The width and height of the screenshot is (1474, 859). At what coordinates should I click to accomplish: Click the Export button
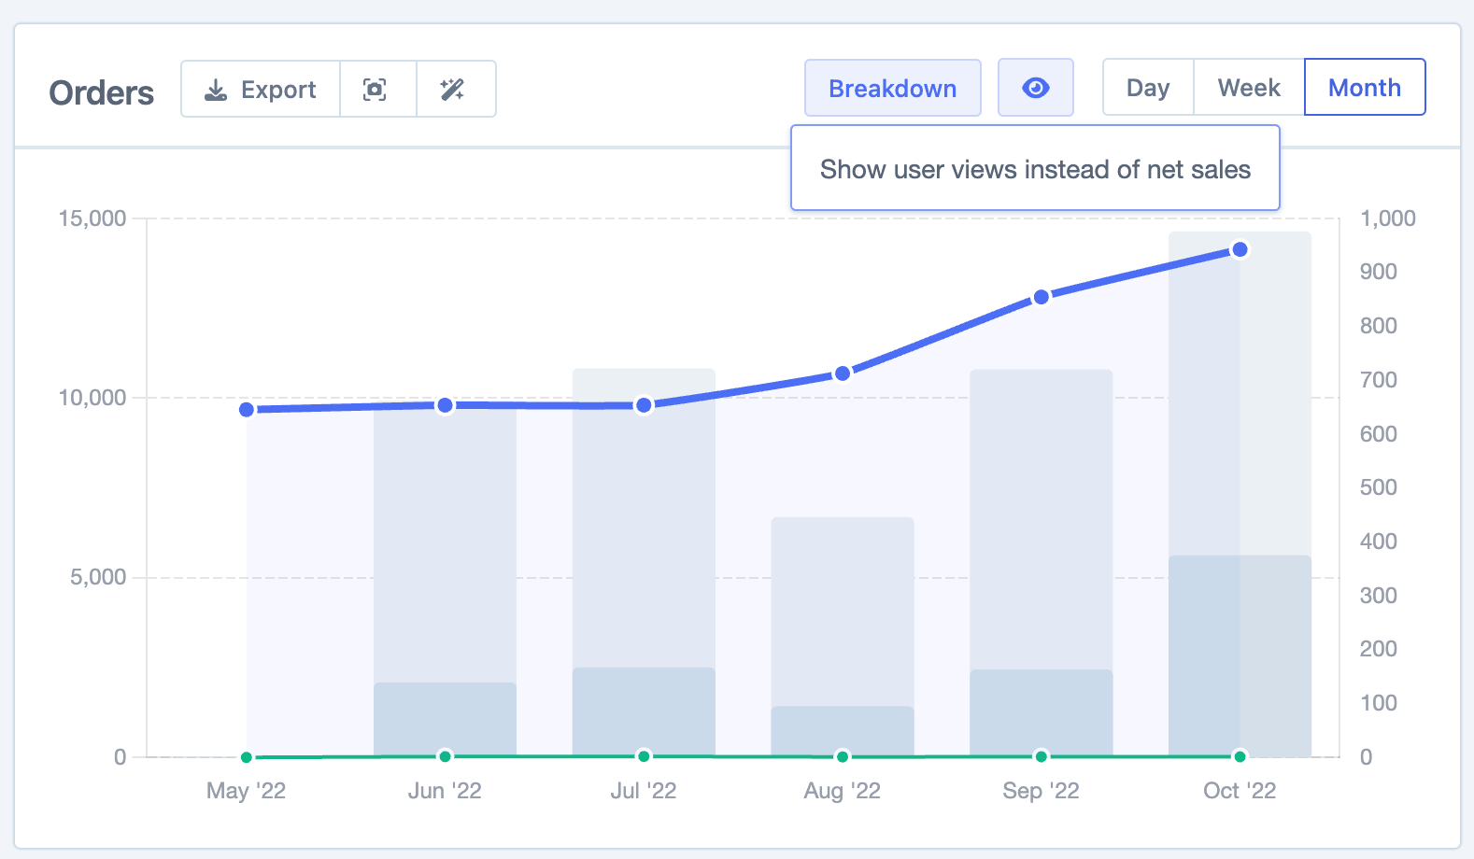pyautogui.click(x=261, y=90)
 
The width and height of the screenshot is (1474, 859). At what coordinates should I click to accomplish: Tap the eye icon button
pyautogui.click(x=1036, y=88)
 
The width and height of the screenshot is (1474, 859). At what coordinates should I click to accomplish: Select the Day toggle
pyautogui.click(x=1148, y=88)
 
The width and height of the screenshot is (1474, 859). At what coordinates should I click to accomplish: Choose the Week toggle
pyautogui.click(x=1249, y=88)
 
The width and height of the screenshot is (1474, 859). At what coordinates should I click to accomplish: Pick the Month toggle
pyautogui.click(x=1364, y=88)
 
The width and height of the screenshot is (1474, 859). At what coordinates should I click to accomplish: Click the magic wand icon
pyautogui.click(x=453, y=90)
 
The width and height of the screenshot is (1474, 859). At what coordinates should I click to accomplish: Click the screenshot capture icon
pyautogui.click(x=375, y=90)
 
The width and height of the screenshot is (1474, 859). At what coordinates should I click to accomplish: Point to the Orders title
pyautogui.click(x=102, y=93)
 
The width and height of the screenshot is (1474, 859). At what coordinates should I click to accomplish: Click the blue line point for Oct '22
pyautogui.click(x=1240, y=249)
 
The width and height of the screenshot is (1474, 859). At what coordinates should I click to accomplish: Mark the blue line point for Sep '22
pyautogui.click(x=1041, y=297)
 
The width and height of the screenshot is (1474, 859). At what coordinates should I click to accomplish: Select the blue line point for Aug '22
pyautogui.click(x=843, y=373)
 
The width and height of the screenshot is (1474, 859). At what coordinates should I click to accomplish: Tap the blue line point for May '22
pyautogui.click(x=247, y=410)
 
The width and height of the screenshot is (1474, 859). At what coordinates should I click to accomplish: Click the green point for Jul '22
pyautogui.click(x=644, y=755)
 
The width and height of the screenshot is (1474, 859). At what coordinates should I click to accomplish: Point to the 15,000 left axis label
pyautogui.click(x=92, y=218)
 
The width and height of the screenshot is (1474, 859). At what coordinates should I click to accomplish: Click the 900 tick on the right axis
pyautogui.click(x=1379, y=272)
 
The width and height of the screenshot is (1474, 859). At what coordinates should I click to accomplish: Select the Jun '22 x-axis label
pyautogui.click(x=445, y=791)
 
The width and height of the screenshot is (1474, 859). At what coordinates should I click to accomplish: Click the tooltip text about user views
pyautogui.click(x=1035, y=169)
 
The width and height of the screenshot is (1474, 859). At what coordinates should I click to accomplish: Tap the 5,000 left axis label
pyautogui.click(x=98, y=577)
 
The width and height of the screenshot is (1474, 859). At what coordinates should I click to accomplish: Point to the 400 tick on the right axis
pyautogui.click(x=1379, y=542)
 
